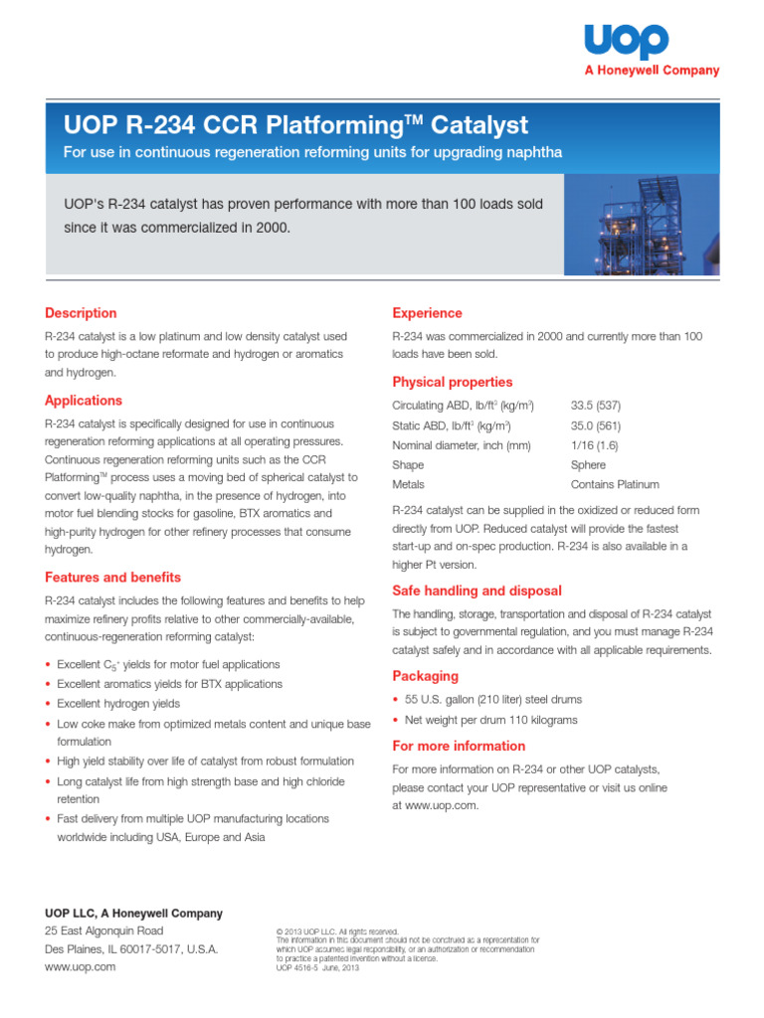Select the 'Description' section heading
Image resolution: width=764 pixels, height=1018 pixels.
(x=81, y=313)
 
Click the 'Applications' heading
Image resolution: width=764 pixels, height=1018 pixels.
(x=84, y=401)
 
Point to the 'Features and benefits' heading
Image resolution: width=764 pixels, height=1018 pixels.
(x=112, y=578)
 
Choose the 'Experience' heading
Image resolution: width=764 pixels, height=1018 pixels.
(x=427, y=313)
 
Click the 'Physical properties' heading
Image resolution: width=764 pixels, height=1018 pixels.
(x=453, y=382)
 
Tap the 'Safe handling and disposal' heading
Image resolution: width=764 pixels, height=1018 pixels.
(x=477, y=591)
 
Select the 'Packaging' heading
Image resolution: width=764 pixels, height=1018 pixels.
(x=425, y=676)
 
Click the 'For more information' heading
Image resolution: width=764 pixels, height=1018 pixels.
(x=459, y=746)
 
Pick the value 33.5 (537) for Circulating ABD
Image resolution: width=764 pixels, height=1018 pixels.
(x=596, y=406)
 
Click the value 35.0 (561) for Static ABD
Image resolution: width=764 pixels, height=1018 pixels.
(x=596, y=425)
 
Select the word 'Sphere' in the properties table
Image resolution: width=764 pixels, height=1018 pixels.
(x=588, y=465)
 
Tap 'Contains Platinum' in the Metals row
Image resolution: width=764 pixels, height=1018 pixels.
(x=615, y=485)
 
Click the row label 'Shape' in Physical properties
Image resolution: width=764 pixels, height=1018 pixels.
(x=408, y=465)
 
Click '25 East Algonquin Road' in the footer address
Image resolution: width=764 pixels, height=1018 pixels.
(x=103, y=931)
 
